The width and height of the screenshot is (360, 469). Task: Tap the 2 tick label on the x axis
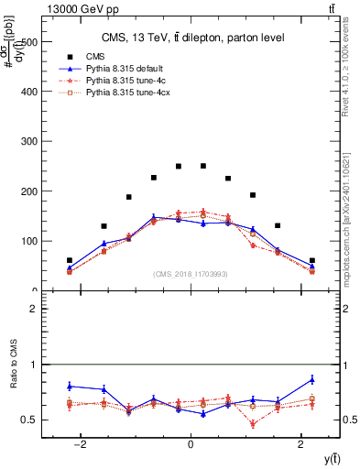point(301,446)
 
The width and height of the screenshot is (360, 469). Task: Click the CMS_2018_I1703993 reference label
point(191,274)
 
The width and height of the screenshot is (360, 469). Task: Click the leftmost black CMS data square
point(70,260)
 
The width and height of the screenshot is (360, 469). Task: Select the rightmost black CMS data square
point(312,260)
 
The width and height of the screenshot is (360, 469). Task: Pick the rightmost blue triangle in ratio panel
point(312,379)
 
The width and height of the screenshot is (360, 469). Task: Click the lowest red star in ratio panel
point(253,424)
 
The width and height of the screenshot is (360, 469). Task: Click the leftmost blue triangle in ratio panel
point(70,386)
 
